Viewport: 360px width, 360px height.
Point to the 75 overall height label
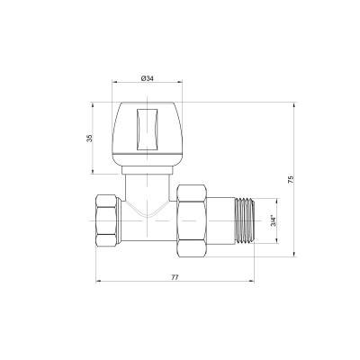coord(290,180)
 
